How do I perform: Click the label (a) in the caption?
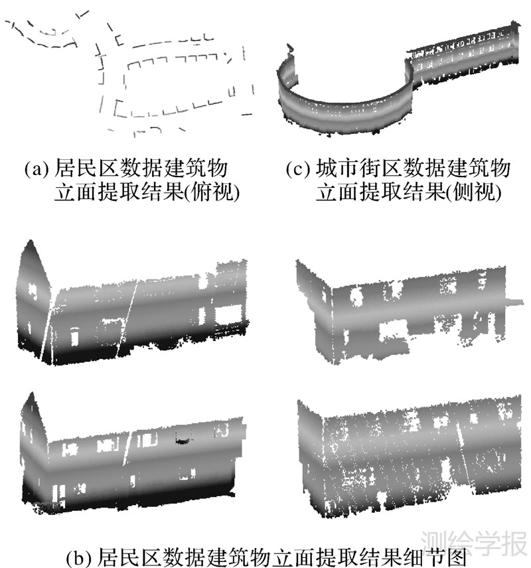pyautogui.click(x=36, y=169)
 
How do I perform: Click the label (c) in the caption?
pyautogui.click(x=297, y=169)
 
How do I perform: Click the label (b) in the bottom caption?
pyautogui.click(x=80, y=557)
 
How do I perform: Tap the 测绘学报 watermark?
pyautogui.click(x=475, y=543)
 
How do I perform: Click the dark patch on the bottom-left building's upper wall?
pyautogui.click(x=184, y=440)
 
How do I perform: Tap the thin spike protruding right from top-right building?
pyautogui.click(x=514, y=301)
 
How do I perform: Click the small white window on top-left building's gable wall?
pyautogui.click(x=33, y=291)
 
